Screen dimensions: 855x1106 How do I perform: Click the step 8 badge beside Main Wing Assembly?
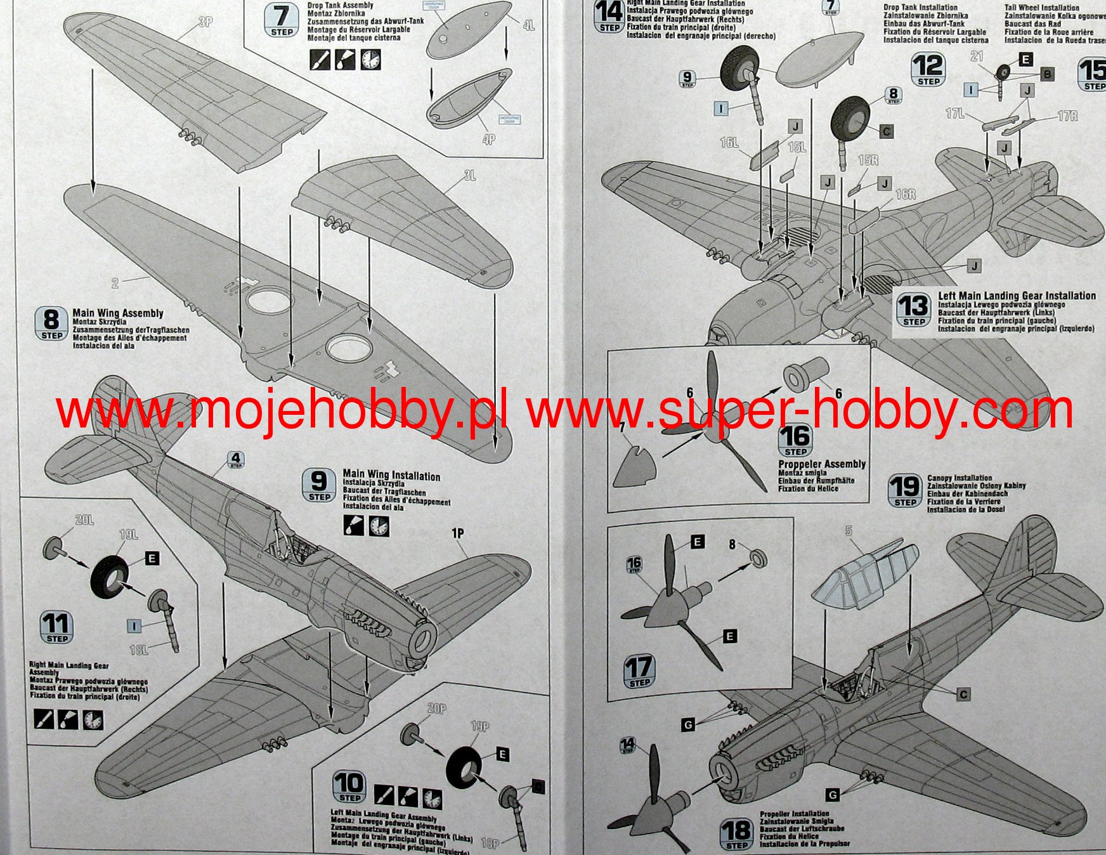click(51, 323)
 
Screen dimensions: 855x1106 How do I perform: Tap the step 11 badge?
click(56, 627)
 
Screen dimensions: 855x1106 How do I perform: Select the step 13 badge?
click(913, 310)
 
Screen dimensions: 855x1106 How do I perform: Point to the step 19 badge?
click(905, 491)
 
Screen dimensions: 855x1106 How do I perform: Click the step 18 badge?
click(736, 834)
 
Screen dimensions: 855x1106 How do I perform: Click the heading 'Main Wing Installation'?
click(391, 476)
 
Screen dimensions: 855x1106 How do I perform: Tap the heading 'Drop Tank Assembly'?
click(340, 5)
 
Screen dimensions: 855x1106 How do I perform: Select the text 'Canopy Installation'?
click(960, 478)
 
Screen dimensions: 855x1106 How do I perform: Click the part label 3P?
click(205, 22)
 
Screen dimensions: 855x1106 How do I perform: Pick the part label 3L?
click(470, 176)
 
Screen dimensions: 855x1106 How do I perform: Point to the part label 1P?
click(458, 534)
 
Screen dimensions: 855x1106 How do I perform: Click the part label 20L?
click(84, 520)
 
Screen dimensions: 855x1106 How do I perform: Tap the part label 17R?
click(1067, 116)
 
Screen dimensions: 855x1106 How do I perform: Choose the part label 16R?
click(906, 195)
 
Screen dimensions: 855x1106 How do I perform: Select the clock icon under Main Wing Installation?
click(379, 526)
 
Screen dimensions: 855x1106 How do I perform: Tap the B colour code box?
click(1047, 74)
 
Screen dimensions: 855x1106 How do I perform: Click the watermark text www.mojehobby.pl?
click(282, 411)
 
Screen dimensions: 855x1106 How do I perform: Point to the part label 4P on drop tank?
click(488, 139)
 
